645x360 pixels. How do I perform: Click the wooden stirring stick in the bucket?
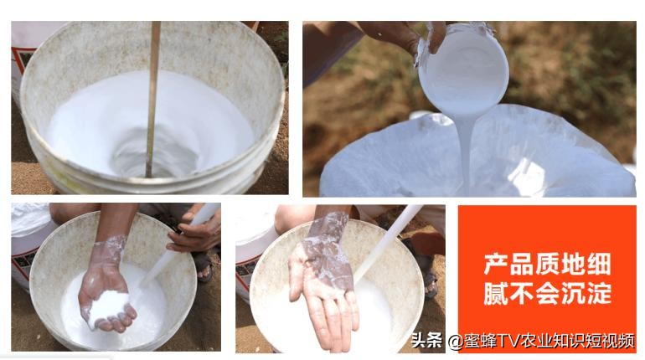coord(152,92)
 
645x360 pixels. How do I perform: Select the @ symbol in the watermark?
coord(454,341)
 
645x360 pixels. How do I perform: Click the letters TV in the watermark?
coord(509,341)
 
